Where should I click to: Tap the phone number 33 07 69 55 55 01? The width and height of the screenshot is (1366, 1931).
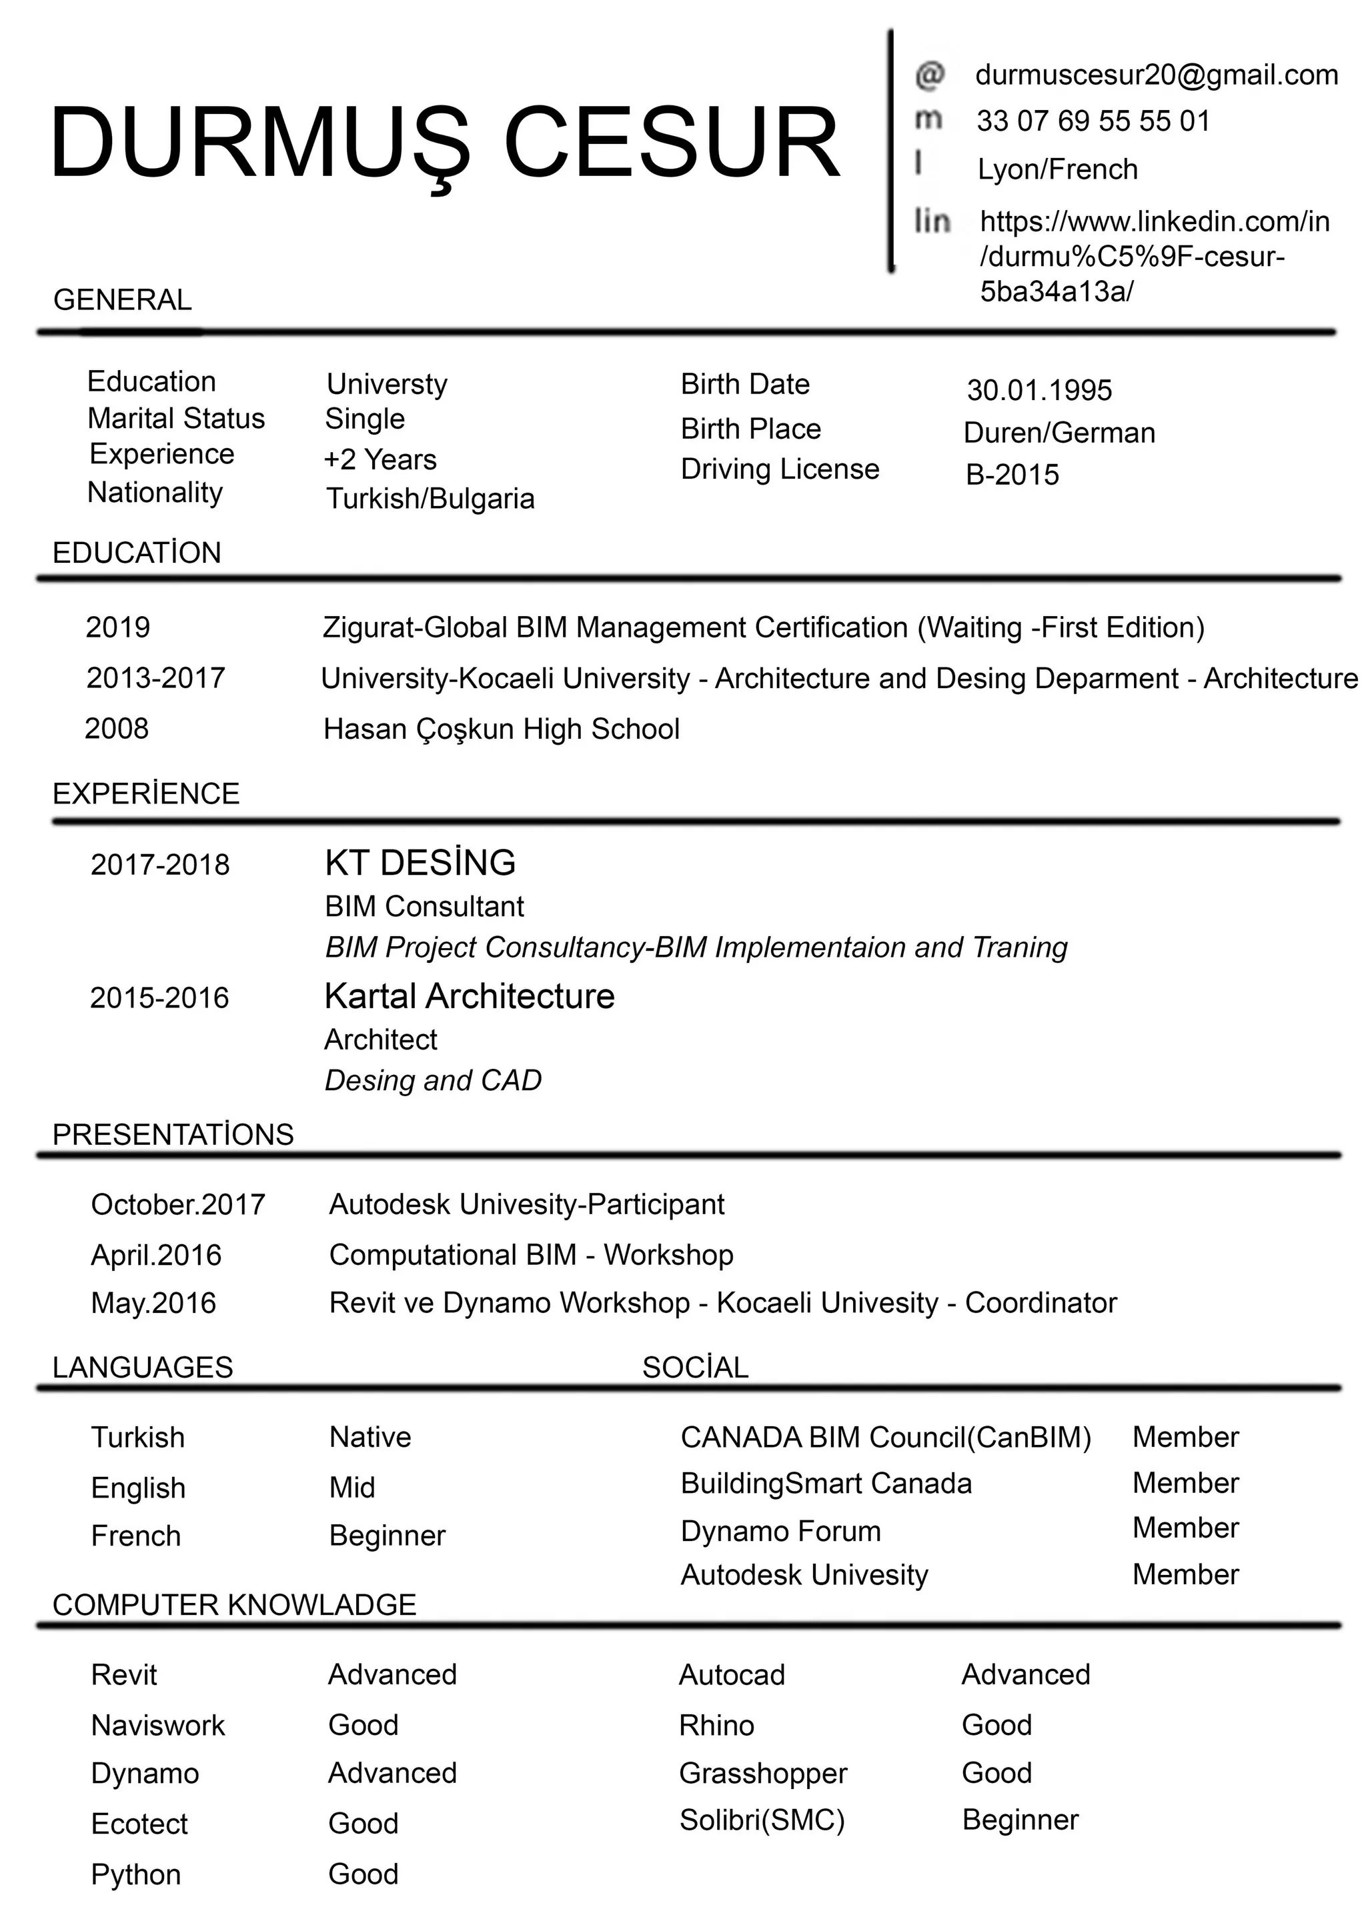(x=1093, y=121)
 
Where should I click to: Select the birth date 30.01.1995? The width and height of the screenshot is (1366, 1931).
(x=1039, y=390)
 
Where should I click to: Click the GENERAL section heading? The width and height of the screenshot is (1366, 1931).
(x=122, y=300)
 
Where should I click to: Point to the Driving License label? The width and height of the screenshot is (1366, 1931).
(x=779, y=469)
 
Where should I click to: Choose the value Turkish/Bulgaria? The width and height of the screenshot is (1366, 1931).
(x=430, y=499)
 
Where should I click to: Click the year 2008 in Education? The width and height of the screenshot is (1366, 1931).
(x=116, y=728)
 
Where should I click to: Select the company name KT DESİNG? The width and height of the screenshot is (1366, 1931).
(x=420, y=863)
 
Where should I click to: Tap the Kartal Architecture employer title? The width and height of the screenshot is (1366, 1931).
(x=470, y=997)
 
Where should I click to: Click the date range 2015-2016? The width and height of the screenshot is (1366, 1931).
(x=159, y=998)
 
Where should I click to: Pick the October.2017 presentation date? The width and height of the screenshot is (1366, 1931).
(x=177, y=1204)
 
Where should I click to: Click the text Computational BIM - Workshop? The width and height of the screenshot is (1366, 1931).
(x=531, y=1255)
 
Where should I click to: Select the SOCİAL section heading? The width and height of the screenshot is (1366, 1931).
(x=695, y=1368)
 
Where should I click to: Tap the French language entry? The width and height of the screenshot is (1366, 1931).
(x=135, y=1536)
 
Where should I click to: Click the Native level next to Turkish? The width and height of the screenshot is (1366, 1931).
(x=370, y=1438)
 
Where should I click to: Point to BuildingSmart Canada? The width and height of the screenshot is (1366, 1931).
(x=825, y=1484)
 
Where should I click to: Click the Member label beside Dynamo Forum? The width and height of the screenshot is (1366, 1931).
(x=1185, y=1528)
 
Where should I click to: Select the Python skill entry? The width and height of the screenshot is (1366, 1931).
(x=135, y=1874)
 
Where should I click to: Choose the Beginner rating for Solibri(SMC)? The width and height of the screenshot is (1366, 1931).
(x=1019, y=1820)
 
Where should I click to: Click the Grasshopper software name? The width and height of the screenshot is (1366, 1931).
(x=762, y=1774)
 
